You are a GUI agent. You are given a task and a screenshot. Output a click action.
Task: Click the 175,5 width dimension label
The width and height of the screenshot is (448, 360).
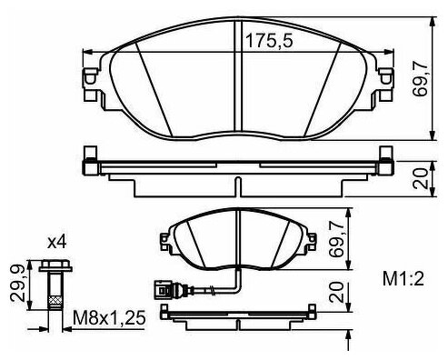(x=269, y=41)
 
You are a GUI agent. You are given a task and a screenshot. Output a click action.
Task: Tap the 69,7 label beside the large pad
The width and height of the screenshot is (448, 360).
(x=421, y=79)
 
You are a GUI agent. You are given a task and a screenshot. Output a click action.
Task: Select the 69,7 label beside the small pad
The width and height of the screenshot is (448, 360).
(x=336, y=240)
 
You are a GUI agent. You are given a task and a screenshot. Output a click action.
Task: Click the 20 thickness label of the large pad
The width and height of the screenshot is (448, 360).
(x=421, y=179)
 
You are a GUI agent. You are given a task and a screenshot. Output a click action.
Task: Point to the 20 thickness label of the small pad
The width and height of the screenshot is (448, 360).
(x=336, y=292)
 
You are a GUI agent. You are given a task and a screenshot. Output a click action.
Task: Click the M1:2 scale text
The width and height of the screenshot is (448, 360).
(x=403, y=279)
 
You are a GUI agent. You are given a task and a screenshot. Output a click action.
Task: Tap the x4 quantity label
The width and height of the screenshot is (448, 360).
(x=56, y=243)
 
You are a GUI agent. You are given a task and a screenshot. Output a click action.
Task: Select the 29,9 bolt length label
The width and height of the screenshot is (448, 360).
(x=17, y=283)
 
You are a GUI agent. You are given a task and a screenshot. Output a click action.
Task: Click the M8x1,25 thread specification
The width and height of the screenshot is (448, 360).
(x=109, y=318)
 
